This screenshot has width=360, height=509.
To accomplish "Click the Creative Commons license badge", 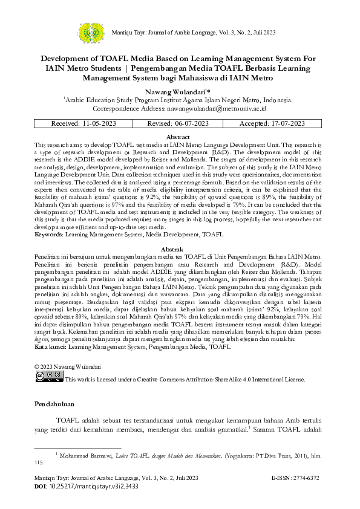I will tap(48, 377).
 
